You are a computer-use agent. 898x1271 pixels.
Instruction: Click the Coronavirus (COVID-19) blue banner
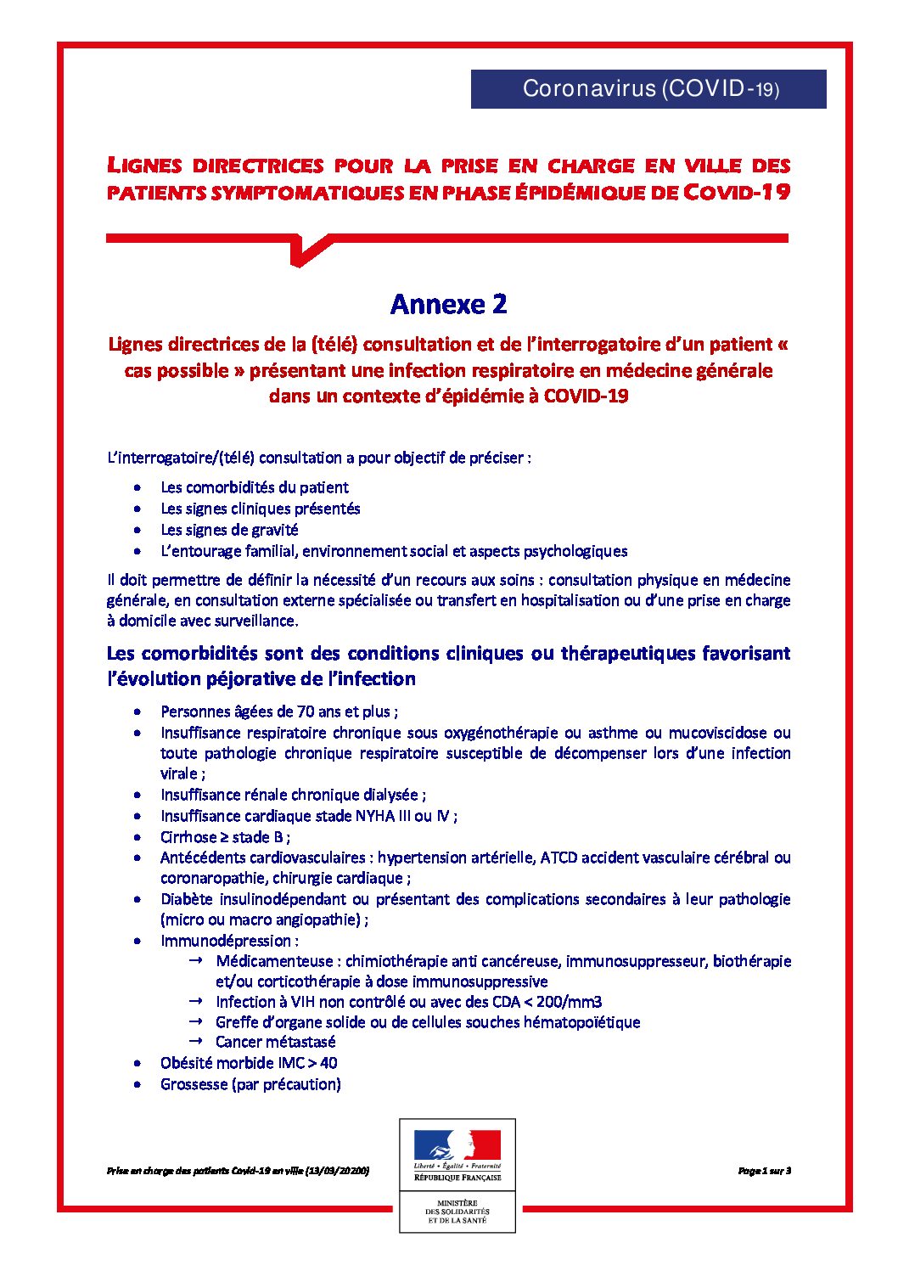pyautogui.click(x=648, y=88)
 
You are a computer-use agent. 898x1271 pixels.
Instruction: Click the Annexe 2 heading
pyautogui.click(x=449, y=304)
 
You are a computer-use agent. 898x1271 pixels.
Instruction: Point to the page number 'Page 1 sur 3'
pyautogui.click(x=764, y=1170)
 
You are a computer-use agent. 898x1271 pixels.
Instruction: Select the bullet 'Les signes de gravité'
pyautogui.click(x=229, y=530)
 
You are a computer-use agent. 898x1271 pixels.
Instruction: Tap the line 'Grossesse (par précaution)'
pyautogui.click(x=250, y=1084)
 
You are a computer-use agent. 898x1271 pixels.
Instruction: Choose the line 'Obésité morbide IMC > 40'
pyautogui.click(x=249, y=1063)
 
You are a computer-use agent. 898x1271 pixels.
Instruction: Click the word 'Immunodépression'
pyautogui.click(x=227, y=941)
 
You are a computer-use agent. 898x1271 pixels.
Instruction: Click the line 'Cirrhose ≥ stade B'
pyautogui.click(x=223, y=837)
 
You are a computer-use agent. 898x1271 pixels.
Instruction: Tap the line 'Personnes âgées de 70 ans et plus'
pyautogui.click(x=278, y=711)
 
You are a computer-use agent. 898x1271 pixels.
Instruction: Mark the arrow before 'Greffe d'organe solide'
pyautogui.click(x=195, y=1021)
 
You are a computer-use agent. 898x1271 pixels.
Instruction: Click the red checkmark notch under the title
pyautogui.click(x=303, y=251)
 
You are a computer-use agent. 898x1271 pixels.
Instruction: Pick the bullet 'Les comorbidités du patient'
pyautogui.click(x=254, y=487)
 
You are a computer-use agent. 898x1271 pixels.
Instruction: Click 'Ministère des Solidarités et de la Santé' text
pyautogui.click(x=457, y=1212)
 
